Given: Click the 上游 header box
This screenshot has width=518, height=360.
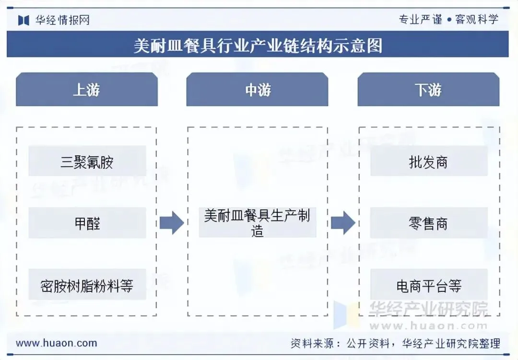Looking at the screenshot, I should pyautogui.click(x=87, y=90).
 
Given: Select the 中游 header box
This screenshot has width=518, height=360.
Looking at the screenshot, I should pyautogui.click(x=258, y=90).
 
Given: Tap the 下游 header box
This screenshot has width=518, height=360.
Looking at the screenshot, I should pyautogui.click(x=428, y=90).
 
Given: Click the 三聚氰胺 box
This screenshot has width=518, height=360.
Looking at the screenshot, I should pyautogui.click(x=87, y=162).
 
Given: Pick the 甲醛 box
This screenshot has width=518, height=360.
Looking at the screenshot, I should pyautogui.click(x=87, y=223).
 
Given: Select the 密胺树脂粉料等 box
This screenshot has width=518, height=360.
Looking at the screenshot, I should pyautogui.click(x=87, y=286).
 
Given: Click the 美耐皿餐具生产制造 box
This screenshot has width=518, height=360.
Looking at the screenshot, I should pyautogui.click(x=258, y=222).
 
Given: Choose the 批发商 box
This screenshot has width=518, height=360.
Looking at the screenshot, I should pyautogui.click(x=428, y=162).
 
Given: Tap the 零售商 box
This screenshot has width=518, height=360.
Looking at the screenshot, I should pyautogui.click(x=428, y=223).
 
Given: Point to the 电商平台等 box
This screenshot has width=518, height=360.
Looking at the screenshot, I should pyautogui.click(x=428, y=286).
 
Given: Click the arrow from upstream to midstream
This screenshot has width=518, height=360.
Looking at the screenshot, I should pyautogui.click(x=172, y=223).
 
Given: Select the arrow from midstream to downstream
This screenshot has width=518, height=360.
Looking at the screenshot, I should pyautogui.click(x=343, y=223).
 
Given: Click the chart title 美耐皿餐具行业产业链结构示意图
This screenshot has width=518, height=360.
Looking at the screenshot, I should pyautogui.click(x=258, y=46).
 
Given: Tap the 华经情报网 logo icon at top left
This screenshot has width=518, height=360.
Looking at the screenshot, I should pyautogui.click(x=24, y=20).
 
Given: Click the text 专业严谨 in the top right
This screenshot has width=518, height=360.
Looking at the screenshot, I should pyautogui.click(x=420, y=20).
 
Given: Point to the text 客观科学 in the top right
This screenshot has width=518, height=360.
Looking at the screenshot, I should pyautogui.click(x=477, y=20).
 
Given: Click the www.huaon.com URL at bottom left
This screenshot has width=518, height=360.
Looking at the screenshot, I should pyautogui.click(x=57, y=343).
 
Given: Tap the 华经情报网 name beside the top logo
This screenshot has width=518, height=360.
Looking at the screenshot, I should pyautogui.click(x=62, y=20).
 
